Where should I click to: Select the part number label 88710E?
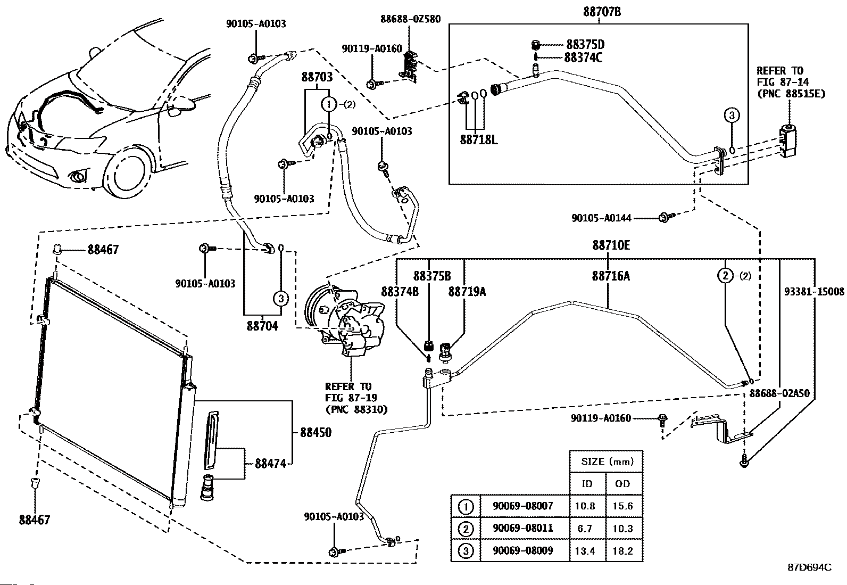611,245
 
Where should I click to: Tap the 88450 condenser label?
315,432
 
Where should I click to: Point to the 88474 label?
270,464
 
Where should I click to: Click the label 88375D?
585,45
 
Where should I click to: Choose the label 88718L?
478,140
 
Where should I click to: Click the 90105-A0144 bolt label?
602,218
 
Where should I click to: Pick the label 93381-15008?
814,292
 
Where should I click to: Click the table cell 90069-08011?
522,528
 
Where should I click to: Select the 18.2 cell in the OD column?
622,551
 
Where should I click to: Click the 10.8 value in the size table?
585,506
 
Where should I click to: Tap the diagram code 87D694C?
809,567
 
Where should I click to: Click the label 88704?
262,326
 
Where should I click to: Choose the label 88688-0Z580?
410,19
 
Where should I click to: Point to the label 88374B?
400,292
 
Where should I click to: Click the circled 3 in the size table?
466,551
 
